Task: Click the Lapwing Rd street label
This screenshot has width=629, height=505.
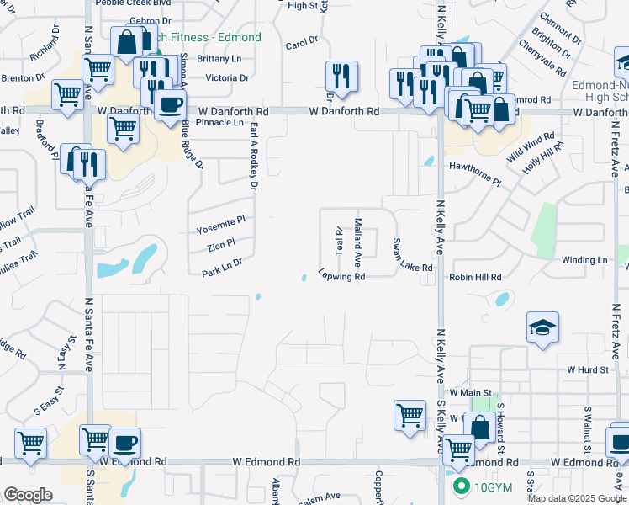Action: point(341,276)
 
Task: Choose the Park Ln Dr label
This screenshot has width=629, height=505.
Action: point(222,268)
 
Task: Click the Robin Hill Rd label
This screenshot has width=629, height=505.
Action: point(475,277)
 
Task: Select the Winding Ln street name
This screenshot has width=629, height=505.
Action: point(584,261)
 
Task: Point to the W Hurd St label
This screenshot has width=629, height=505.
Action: point(587,369)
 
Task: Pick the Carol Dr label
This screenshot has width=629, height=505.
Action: point(302,42)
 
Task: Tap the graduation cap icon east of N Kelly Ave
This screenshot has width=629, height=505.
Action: point(543,328)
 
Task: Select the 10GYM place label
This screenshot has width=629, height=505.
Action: point(483,486)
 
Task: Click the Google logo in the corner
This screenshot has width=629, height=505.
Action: point(28,495)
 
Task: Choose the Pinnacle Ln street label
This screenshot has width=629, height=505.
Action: point(219,122)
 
